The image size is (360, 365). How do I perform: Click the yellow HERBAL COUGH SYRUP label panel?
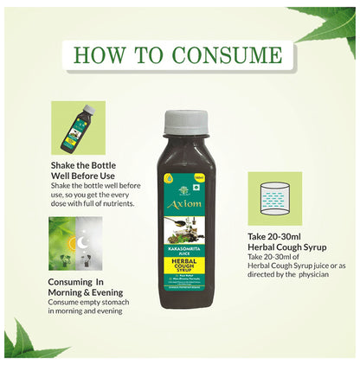pyautogui.click(x=181, y=249)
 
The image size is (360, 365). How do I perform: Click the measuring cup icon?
pyautogui.click(x=274, y=196)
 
